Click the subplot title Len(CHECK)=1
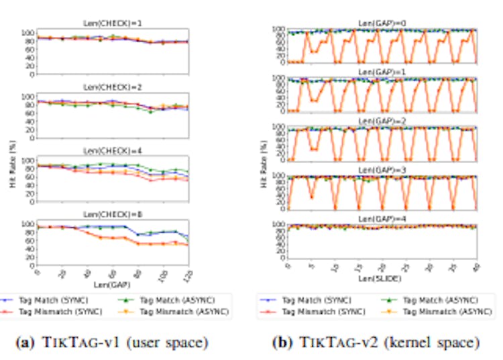click(113, 23)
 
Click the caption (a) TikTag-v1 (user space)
click(113, 343)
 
